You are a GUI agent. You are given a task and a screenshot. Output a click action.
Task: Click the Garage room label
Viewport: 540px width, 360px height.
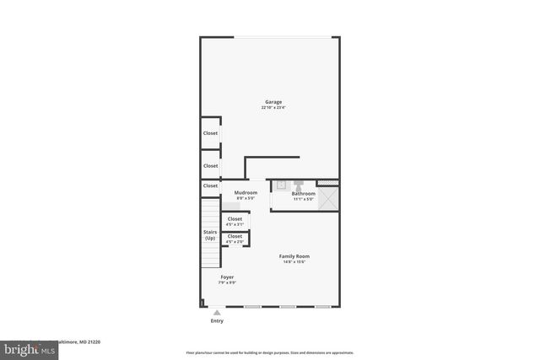[x=273, y=102]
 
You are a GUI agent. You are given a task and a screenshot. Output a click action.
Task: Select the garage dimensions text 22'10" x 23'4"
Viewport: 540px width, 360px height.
[x=273, y=108]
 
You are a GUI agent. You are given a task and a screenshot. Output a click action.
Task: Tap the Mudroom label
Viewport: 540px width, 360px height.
[x=246, y=193]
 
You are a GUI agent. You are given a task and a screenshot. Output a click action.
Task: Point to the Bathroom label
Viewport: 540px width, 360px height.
[x=303, y=193]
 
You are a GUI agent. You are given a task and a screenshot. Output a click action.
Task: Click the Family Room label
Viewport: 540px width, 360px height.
[x=295, y=255]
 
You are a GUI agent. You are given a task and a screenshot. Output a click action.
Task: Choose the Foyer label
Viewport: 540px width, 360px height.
[x=227, y=277]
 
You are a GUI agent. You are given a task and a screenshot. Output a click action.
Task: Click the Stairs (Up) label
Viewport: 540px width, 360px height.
[x=210, y=235]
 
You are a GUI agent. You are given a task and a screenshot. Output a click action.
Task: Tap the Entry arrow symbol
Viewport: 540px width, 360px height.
[x=217, y=312]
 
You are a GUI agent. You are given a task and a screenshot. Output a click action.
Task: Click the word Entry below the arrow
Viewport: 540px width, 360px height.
[x=217, y=321]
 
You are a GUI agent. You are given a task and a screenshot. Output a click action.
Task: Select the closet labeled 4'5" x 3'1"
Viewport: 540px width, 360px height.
[x=235, y=221]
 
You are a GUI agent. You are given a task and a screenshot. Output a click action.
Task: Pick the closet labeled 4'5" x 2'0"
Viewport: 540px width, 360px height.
[x=235, y=239]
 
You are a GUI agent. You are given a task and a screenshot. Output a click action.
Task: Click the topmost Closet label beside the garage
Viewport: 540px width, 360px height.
[x=210, y=133]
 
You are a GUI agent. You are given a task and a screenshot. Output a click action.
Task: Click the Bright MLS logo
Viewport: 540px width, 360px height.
[x=26, y=348]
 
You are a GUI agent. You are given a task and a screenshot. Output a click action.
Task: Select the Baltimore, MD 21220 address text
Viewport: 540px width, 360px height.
[x=80, y=342]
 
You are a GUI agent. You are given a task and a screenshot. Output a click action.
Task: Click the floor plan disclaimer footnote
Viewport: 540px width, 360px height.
[x=269, y=352]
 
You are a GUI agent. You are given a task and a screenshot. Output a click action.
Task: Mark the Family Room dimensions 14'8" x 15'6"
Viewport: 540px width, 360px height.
[x=295, y=261]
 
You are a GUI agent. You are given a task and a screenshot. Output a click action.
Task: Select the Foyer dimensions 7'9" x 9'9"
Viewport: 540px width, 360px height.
[x=227, y=282]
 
